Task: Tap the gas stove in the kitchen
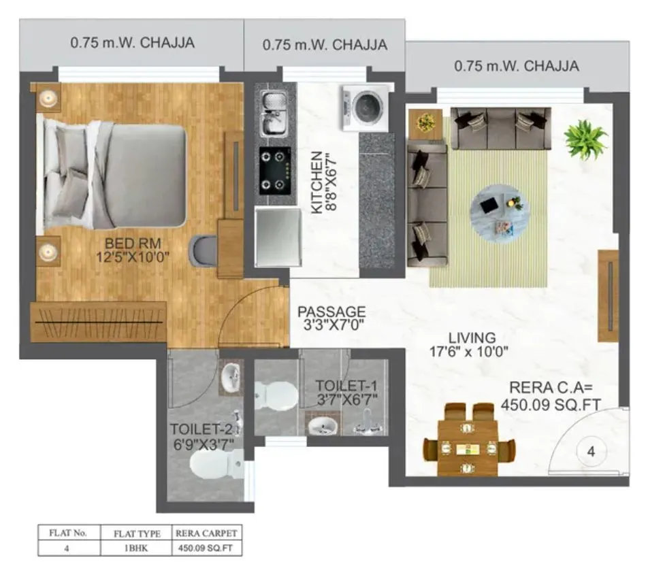click(x=275, y=169)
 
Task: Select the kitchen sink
click(x=274, y=114)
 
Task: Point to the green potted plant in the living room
click(x=585, y=139)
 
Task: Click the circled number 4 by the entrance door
click(x=591, y=451)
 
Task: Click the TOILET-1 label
click(x=346, y=391)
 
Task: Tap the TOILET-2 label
click(x=202, y=436)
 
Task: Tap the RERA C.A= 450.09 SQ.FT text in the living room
click(x=551, y=395)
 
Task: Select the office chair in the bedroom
click(x=202, y=250)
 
